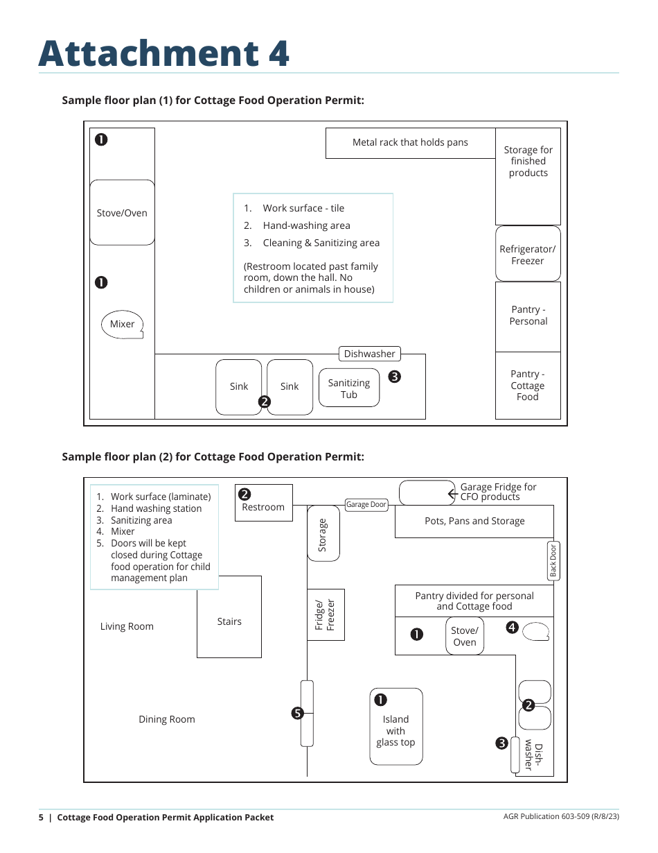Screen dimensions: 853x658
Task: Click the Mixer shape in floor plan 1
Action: point(123,324)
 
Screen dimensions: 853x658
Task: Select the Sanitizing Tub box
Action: point(349,388)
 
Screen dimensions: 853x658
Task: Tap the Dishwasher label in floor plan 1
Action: point(369,354)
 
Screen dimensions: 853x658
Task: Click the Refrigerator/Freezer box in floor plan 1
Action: point(528,254)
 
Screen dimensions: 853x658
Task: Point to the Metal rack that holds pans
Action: point(410,143)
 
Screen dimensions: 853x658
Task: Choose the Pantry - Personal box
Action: point(528,316)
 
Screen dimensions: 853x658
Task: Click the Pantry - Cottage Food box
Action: point(528,386)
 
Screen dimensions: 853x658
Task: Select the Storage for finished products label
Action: point(528,162)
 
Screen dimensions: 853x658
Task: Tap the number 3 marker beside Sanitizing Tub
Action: point(394,377)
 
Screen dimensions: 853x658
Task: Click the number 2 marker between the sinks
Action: point(264,402)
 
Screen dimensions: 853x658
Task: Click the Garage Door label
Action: point(366,504)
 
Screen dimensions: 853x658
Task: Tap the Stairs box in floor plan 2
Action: point(229,617)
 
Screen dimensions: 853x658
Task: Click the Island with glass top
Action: point(396,728)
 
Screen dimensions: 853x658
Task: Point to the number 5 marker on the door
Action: point(297,713)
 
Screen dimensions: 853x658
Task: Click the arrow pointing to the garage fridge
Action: point(453,494)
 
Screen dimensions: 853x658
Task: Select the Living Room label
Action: point(127,626)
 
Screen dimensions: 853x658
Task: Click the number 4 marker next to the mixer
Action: point(512,628)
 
